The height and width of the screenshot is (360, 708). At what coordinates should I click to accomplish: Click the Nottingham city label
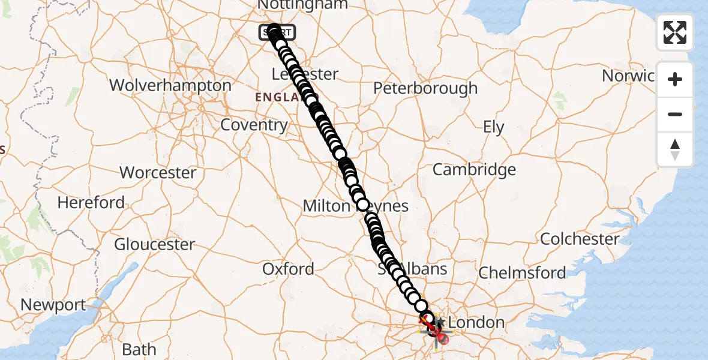pyautogui.click(x=303, y=5)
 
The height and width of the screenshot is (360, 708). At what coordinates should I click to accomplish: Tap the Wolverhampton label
pyautogui.click(x=170, y=85)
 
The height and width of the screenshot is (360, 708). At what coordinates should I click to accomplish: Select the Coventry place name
pyautogui.click(x=254, y=125)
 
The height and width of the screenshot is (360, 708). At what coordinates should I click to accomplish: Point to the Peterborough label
pyautogui.click(x=425, y=88)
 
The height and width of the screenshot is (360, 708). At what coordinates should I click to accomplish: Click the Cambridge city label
pyautogui.click(x=474, y=170)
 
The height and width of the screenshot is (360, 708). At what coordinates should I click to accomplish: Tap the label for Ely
pyautogui.click(x=493, y=127)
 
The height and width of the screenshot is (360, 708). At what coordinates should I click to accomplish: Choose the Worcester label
pyautogui.click(x=158, y=173)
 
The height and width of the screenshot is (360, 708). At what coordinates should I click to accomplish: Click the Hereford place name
pyautogui.click(x=91, y=203)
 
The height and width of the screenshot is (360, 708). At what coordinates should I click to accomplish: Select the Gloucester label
pyautogui.click(x=154, y=245)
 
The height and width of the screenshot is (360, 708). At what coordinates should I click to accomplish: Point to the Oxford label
pyautogui.click(x=288, y=269)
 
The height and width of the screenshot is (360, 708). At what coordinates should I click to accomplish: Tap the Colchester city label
pyautogui.click(x=580, y=239)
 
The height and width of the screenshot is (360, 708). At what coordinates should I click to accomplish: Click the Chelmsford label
pyautogui.click(x=521, y=274)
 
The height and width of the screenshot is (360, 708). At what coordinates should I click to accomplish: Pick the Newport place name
pyautogui.click(x=53, y=305)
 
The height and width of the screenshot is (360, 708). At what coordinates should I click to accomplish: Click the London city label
pyautogui.click(x=476, y=322)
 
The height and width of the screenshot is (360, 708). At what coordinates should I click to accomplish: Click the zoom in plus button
pyautogui.click(x=675, y=79)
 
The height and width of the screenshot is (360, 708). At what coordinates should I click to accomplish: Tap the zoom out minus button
pyautogui.click(x=675, y=114)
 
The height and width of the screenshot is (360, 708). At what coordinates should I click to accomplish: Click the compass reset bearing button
pyautogui.click(x=675, y=149)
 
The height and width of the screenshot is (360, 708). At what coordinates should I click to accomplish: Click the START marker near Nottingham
pyautogui.click(x=277, y=32)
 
